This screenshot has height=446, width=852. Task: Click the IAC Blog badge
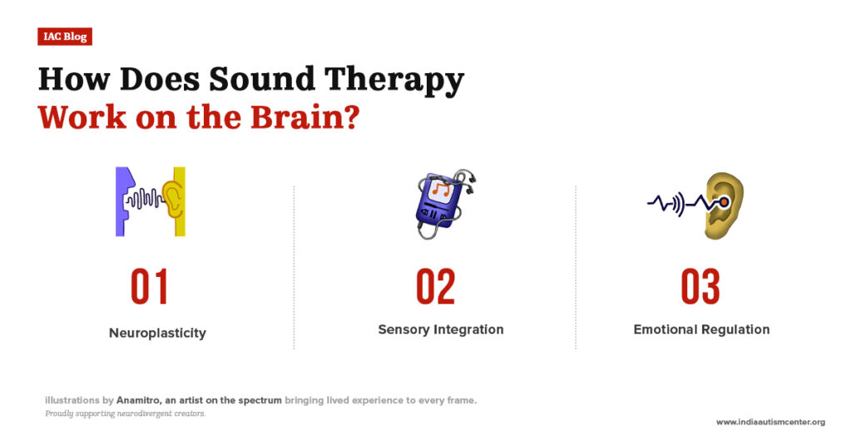tap(64, 37)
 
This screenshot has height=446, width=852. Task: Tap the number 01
tap(150, 287)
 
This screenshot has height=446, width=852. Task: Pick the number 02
tap(436, 287)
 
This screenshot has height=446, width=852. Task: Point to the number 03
tap(700, 287)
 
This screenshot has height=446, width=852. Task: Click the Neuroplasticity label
tap(157, 333)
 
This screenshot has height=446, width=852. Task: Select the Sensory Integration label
tap(440, 330)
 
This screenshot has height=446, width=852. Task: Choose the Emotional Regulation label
tap(701, 330)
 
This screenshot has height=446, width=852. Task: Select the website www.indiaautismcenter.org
tap(770, 422)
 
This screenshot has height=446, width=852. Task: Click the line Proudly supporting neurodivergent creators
tap(125, 414)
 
